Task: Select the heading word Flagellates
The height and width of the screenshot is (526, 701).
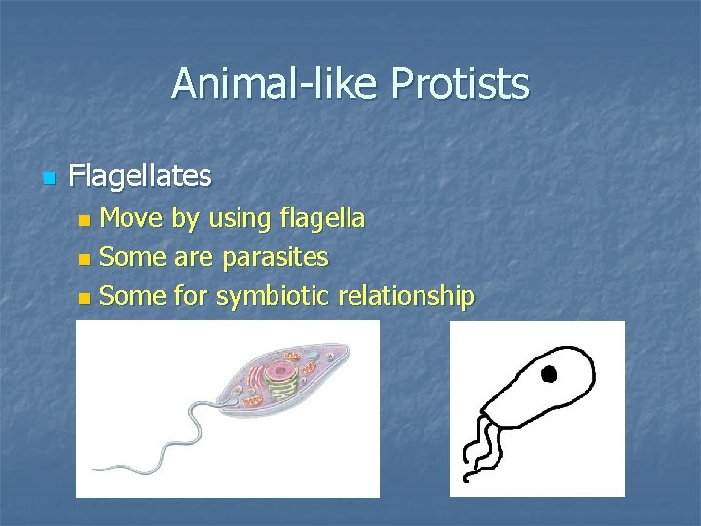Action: click(x=140, y=176)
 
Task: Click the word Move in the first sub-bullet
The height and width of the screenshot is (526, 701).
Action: click(x=132, y=219)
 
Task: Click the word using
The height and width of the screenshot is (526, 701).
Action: click(x=239, y=219)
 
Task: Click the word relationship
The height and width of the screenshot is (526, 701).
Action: click(x=406, y=296)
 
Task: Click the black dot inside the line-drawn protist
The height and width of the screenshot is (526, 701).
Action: click(x=548, y=373)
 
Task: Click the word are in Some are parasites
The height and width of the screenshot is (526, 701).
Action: click(x=195, y=258)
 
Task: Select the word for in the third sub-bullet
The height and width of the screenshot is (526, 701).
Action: click(x=192, y=296)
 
